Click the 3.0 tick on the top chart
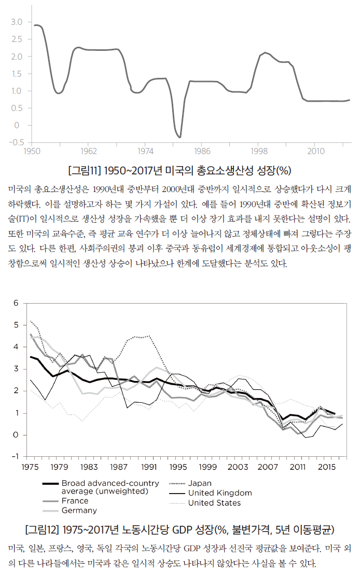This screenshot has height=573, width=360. point(17,22)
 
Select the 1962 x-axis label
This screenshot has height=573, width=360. point(89,152)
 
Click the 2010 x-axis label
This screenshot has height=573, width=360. point(316,152)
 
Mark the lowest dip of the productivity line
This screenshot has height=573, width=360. point(179,137)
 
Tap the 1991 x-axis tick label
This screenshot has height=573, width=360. point(149,467)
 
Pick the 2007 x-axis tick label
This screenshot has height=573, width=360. point(268,467)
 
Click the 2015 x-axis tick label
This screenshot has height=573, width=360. point(327,467)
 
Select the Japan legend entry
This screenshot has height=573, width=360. point(200,483)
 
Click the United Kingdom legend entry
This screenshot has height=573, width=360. point(220,493)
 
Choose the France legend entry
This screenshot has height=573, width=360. point(75,501)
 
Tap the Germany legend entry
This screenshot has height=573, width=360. point(79,510)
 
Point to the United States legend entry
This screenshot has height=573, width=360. point(214,502)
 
